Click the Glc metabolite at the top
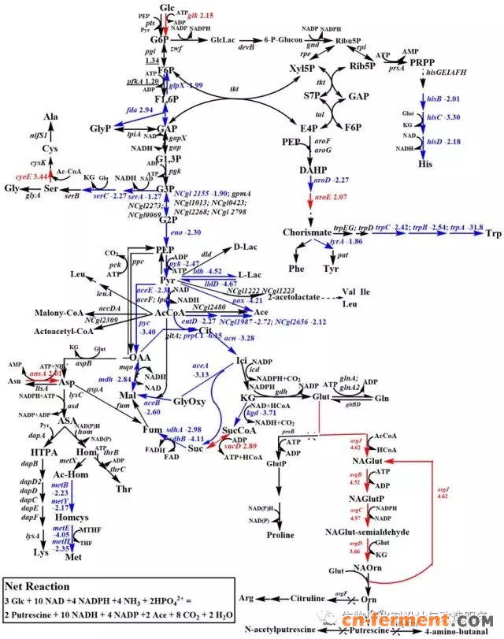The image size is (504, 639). coord(167,7)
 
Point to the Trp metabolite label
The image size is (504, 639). coord(493,234)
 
